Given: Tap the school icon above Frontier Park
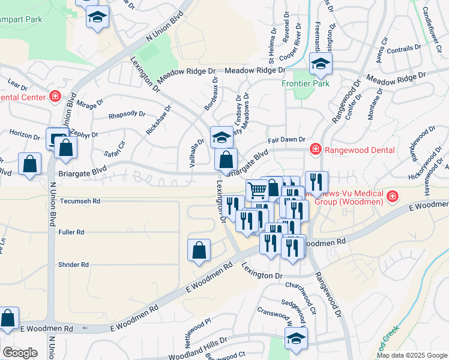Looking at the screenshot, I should pos(321,64).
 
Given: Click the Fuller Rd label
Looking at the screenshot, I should pos(71,232).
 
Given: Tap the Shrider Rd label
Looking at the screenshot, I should pos(73,265).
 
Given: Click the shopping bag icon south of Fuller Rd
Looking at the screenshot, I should pos(199,250).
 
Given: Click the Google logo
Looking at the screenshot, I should pos(20,353).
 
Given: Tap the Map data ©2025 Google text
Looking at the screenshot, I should pos(411,355).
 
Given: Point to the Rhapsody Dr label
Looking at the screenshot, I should pos(127,114).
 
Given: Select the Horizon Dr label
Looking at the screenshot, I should pos(21,133).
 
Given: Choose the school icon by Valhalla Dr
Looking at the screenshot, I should pos(221,137).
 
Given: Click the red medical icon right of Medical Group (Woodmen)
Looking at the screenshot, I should pos(392,196).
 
